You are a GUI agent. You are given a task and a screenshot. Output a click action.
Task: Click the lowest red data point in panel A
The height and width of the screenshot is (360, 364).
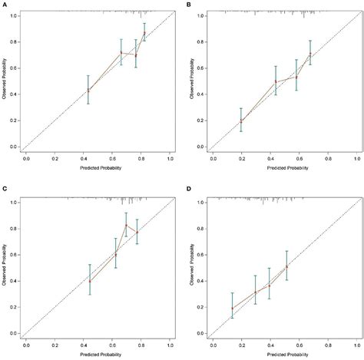[88, 91]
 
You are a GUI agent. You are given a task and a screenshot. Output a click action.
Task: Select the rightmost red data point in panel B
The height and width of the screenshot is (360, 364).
[310, 54]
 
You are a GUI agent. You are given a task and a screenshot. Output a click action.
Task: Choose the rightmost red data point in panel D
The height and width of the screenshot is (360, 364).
[286, 266]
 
